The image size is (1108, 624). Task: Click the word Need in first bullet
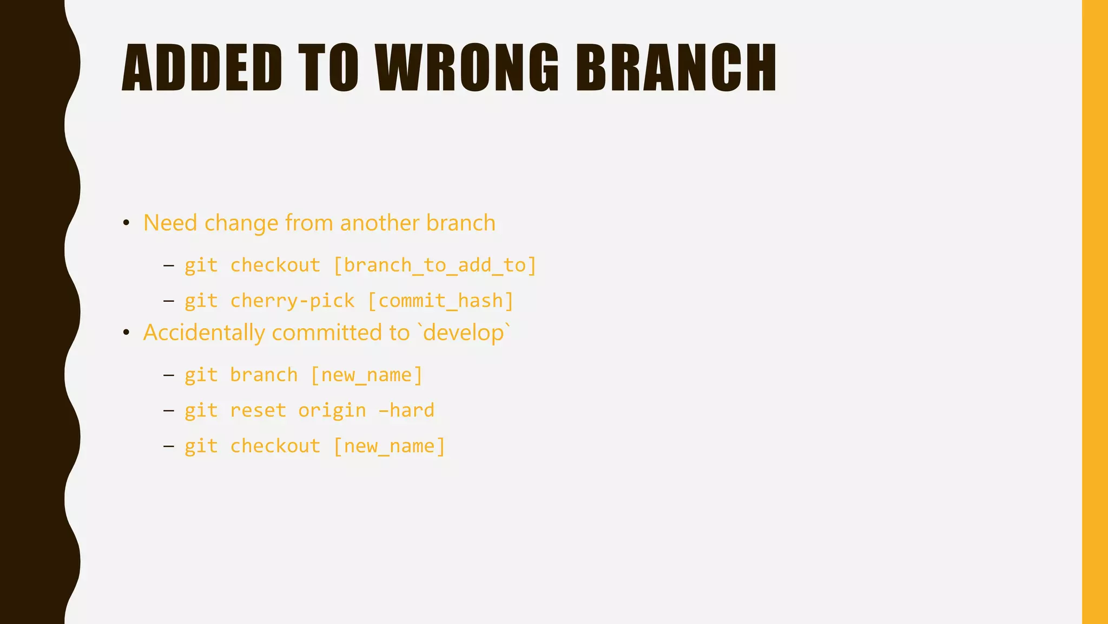(170, 223)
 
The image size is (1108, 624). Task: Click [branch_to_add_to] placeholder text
(434, 265)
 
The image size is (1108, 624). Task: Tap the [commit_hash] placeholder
(440, 301)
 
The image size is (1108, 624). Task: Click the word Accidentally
(203, 333)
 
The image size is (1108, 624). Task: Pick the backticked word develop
(464, 333)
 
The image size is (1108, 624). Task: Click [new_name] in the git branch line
(366, 375)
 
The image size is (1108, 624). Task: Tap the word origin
(332, 411)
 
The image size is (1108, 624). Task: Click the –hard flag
(406, 411)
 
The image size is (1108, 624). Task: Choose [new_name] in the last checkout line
(389, 446)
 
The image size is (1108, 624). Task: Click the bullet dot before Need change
(126, 223)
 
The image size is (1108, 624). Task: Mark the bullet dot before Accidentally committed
(126, 333)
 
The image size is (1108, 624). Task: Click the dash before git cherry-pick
(168, 301)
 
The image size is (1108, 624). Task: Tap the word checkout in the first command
(275, 265)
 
